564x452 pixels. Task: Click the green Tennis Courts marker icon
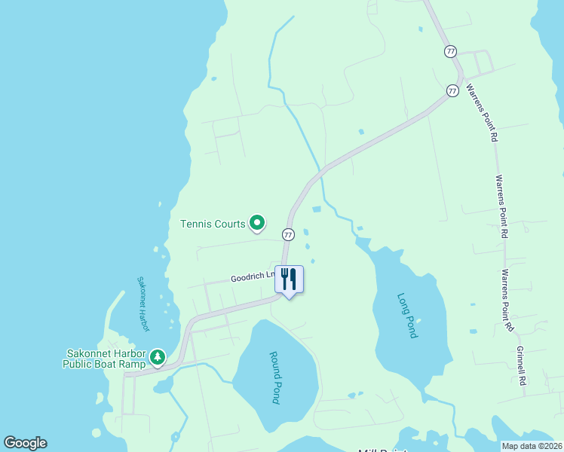(x=257, y=222)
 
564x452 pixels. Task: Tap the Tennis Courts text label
(x=213, y=224)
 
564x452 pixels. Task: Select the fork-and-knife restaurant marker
(x=289, y=279)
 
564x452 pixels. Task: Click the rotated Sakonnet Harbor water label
(x=143, y=304)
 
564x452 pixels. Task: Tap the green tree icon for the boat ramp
(x=157, y=356)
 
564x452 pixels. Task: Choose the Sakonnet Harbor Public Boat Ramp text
(x=104, y=358)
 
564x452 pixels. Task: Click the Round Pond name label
(x=274, y=377)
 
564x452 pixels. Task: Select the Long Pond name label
(x=407, y=315)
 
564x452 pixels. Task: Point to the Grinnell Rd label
(x=520, y=366)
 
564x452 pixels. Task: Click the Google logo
(x=25, y=443)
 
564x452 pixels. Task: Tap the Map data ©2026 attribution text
(x=532, y=446)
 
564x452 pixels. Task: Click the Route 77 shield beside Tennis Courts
(x=288, y=234)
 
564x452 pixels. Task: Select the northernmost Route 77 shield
(x=450, y=51)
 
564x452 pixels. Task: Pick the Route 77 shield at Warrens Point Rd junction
(x=452, y=90)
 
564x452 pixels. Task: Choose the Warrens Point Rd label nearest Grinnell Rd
(x=508, y=301)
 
